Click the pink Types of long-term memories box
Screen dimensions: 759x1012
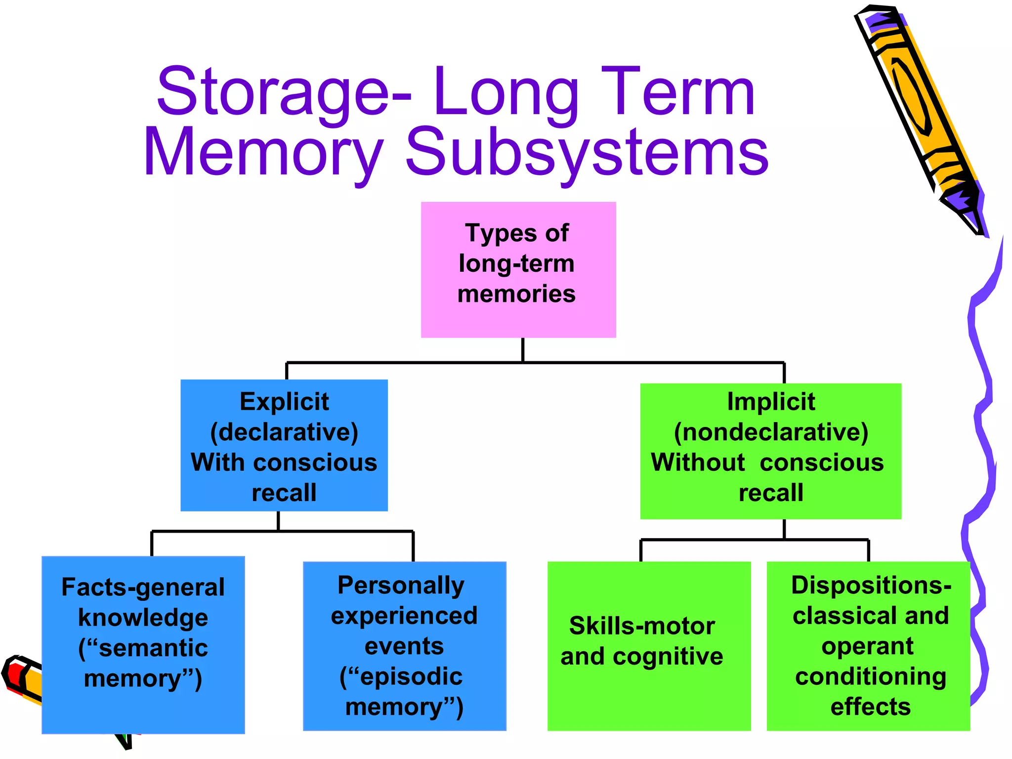tap(518, 269)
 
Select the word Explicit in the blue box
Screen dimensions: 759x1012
tap(284, 401)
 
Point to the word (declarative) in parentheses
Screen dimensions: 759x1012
tap(284, 432)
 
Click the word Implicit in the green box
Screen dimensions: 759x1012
tap(771, 401)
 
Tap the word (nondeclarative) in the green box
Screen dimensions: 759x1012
tap(771, 432)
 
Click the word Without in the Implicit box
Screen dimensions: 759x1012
tap(698, 463)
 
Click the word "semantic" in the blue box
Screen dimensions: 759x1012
tap(143, 648)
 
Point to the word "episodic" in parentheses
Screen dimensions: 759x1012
tap(401, 676)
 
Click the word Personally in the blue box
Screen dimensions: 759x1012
tap(401, 586)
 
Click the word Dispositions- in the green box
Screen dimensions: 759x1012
tap(871, 586)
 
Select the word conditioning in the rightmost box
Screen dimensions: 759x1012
tap(871, 676)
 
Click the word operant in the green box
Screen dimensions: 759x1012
tap(867, 646)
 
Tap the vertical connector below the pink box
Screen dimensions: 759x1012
tap(523, 350)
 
